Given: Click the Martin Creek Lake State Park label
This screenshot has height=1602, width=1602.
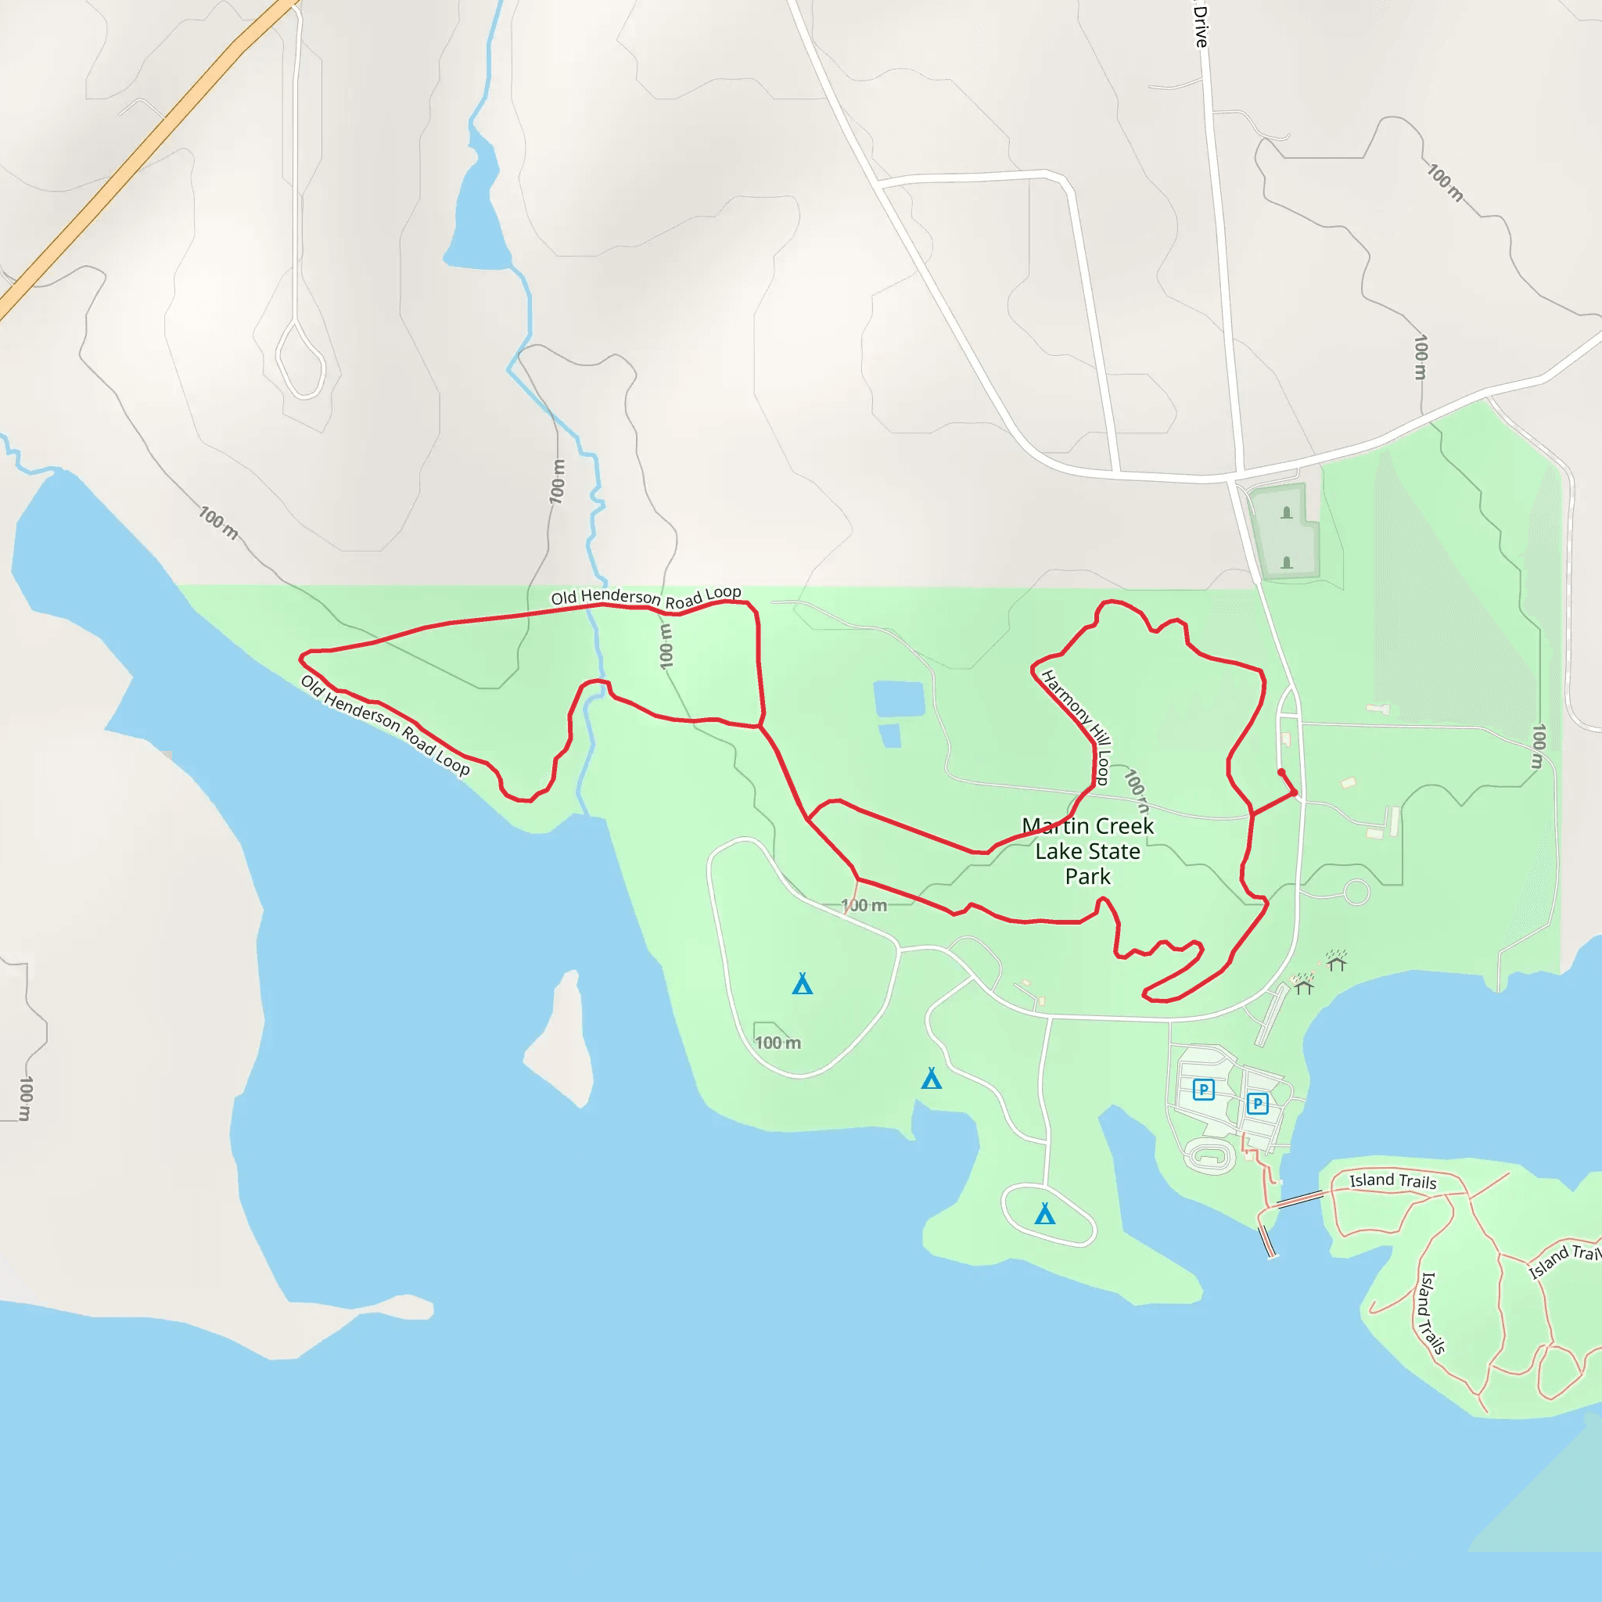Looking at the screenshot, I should coord(1087,851).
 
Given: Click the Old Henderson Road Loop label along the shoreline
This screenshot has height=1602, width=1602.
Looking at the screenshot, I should coord(385,724).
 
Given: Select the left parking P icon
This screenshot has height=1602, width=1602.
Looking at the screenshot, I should coord(1203,1089).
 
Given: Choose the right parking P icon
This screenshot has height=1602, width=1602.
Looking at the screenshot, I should coord(1257,1103).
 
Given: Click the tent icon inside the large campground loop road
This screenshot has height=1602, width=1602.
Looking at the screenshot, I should coord(802,984).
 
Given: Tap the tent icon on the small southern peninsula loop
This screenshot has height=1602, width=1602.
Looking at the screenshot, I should coord(1045,1214).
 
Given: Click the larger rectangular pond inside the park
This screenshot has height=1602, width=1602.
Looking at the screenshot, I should coord(899,699).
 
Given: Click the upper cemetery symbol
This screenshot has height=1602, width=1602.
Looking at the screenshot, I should coord(1287,512).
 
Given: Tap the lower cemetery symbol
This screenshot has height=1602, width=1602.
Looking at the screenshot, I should coord(1287,563).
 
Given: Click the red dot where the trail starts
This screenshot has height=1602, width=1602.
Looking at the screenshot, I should coord(1281,772).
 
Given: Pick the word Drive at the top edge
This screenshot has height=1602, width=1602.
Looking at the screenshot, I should coord(1201,25).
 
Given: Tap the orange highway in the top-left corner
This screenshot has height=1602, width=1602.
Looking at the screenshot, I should coord(141,157).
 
